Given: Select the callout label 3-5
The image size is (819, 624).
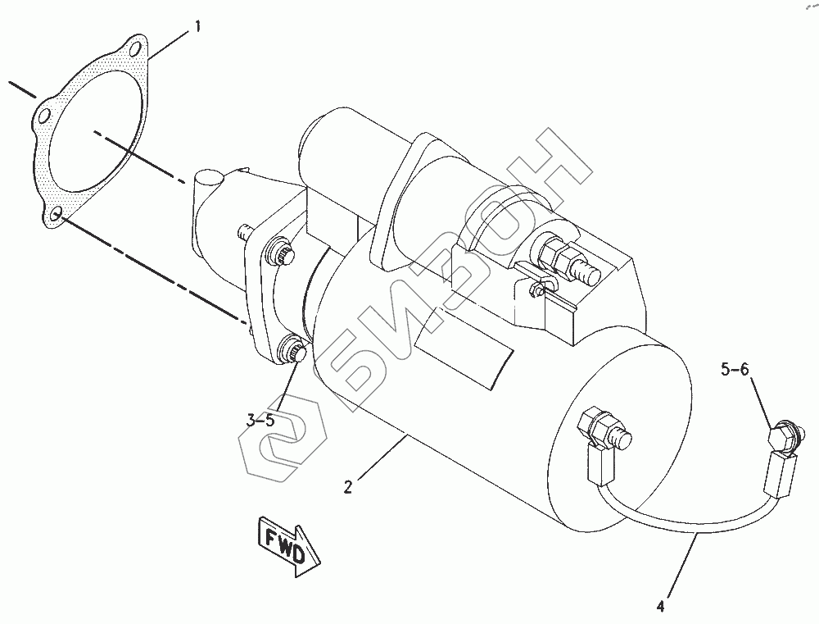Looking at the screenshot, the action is tap(260, 421).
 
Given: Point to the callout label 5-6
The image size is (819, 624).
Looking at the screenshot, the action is tap(734, 370).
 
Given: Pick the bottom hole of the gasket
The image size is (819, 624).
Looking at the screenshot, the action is tap(57, 215).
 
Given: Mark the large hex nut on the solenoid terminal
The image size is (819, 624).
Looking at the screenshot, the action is tap(560, 253).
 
